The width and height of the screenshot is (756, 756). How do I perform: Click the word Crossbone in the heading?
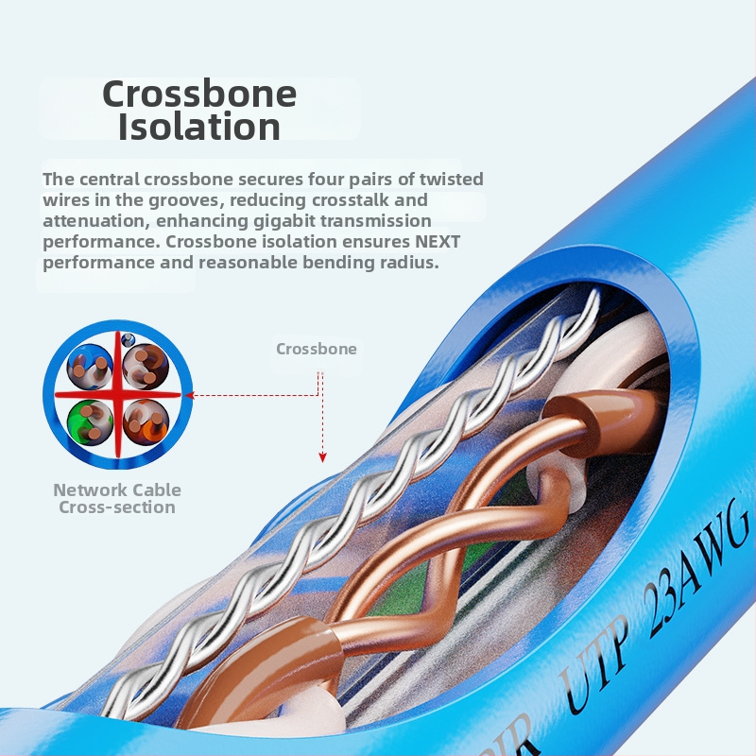[x=199, y=94]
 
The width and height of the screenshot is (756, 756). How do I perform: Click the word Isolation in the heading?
[x=199, y=127]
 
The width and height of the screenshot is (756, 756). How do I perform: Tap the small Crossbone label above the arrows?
[x=317, y=349]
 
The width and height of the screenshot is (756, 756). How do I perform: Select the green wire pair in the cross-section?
[x=90, y=422]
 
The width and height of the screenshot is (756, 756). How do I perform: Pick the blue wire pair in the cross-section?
[x=90, y=367]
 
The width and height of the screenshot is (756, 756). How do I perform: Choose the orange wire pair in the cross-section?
[x=146, y=422]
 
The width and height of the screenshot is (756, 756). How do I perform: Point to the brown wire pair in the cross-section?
[x=146, y=367]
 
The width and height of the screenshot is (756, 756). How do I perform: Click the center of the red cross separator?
[x=118, y=395]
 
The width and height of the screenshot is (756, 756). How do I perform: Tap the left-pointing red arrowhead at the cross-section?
[x=190, y=395]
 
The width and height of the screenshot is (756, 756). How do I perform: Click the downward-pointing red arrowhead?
[x=322, y=457]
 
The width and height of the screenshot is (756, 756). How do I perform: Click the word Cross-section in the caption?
[x=117, y=507]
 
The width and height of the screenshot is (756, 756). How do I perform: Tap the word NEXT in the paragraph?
[x=438, y=241]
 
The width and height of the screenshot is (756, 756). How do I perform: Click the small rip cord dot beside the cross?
[x=128, y=339]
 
